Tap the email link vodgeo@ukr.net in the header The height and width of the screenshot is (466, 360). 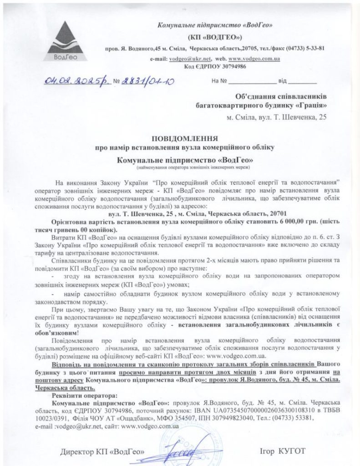pos(184,59)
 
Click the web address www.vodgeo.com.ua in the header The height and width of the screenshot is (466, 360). pos(254,59)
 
